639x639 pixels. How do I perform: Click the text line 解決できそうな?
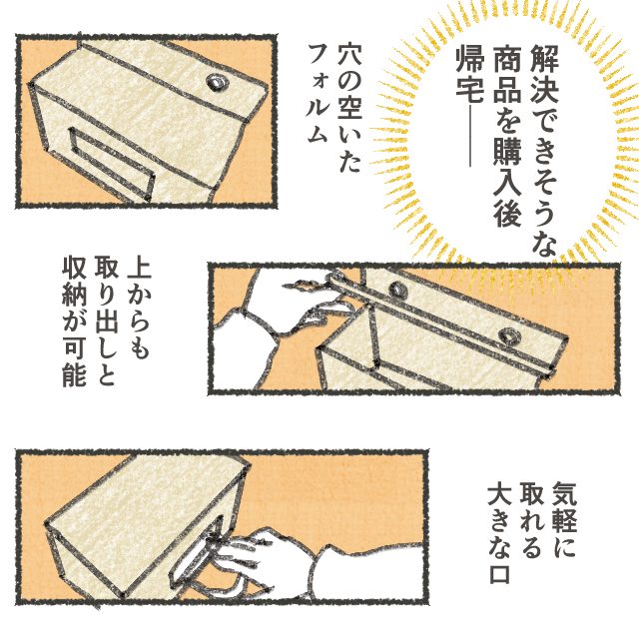[x=544, y=151]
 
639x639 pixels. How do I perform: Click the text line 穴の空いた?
[x=349, y=109]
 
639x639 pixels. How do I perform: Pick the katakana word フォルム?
[x=318, y=95]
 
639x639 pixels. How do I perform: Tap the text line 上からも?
[x=139, y=309]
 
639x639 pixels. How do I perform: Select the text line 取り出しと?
[x=106, y=321]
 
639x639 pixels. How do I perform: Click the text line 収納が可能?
[x=74, y=321]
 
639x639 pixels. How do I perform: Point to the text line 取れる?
[x=531, y=519]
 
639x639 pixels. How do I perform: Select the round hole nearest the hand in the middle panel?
[x=396, y=289]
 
